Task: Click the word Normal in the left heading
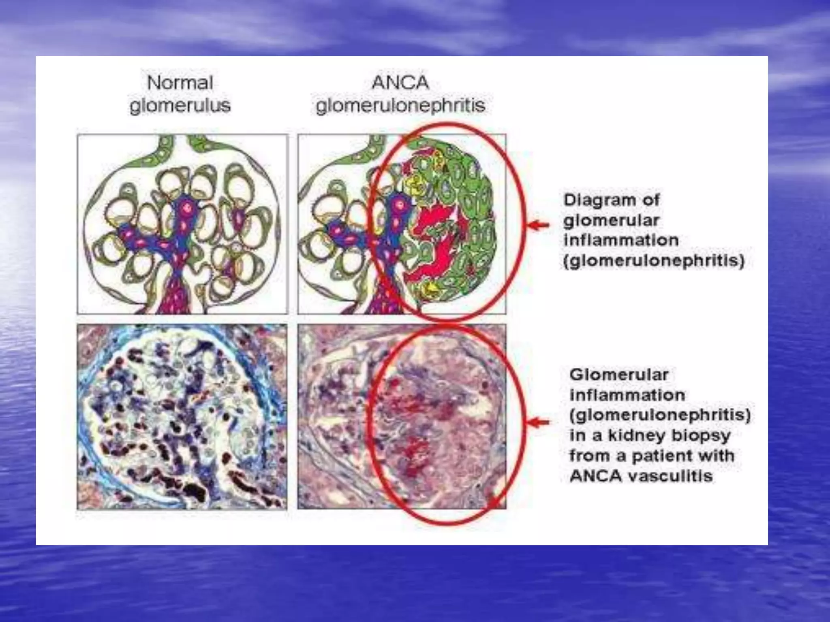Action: click(180, 83)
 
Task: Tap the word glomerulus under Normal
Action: click(180, 106)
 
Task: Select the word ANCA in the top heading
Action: click(400, 83)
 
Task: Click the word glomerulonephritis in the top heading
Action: click(400, 106)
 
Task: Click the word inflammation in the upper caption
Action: click(621, 240)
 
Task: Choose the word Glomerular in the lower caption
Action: click(618, 375)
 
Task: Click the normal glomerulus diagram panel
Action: click(182, 224)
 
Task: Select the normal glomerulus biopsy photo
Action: click(182, 417)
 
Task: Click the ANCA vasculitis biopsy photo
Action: click(401, 417)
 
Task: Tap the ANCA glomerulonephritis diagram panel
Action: click(401, 224)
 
